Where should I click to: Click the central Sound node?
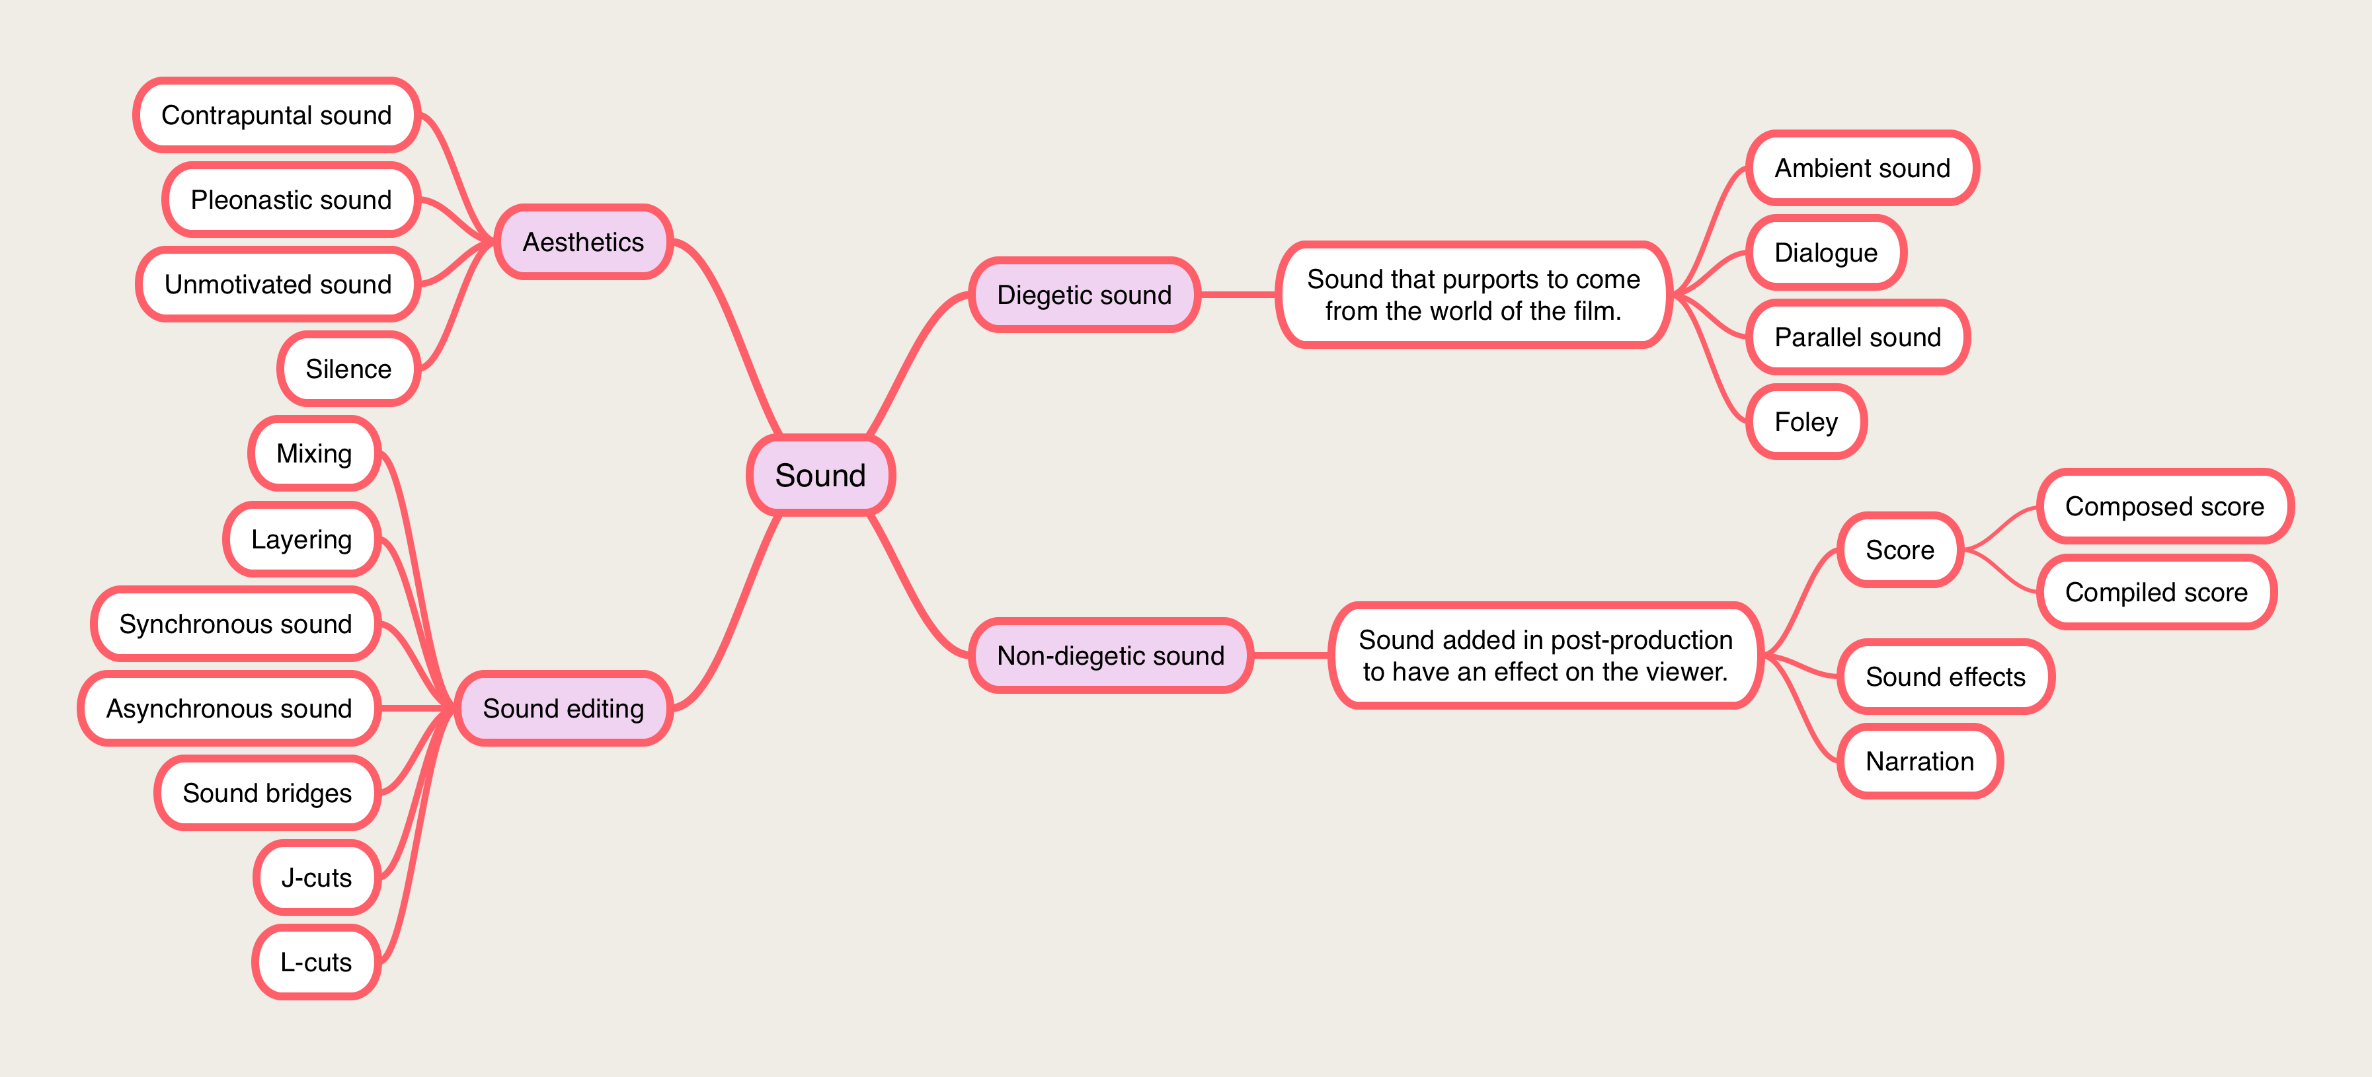[x=820, y=475]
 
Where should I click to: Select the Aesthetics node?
[x=583, y=242]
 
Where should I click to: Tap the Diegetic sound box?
[x=1084, y=295]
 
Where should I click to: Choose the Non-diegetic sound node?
[x=1109, y=655]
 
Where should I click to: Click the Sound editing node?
[x=563, y=708]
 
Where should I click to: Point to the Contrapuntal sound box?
[x=276, y=115]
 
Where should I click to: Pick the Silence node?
[x=348, y=368]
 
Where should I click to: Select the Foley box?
[x=1805, y=422]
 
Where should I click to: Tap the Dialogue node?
[x=1825, y=252]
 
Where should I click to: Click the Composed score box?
[x=2164, y=506]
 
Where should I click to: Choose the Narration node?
[x=1919, y=761]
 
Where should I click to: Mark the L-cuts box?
[x=316, y=962]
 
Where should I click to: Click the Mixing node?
[x=314, y=453]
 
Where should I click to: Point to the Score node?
[x=1899, y=550]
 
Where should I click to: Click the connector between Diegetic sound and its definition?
[x=1238, y=295]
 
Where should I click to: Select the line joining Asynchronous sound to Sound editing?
[x=417, y=708]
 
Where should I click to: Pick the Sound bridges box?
[x=267, y=793]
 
